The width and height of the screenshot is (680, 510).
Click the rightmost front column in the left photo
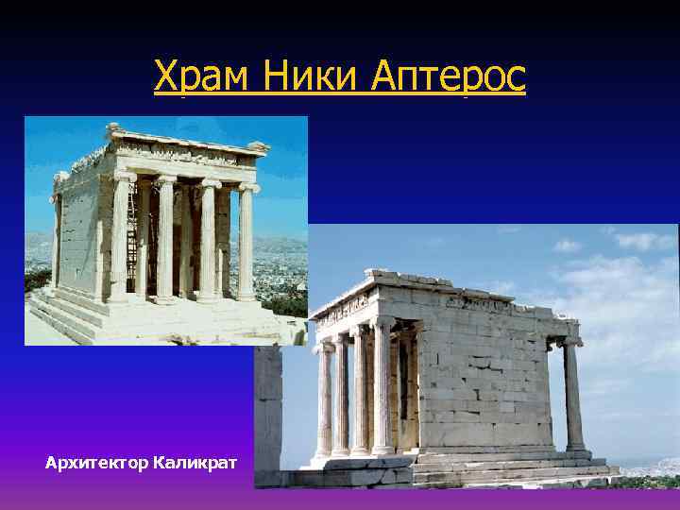tap(246, 241)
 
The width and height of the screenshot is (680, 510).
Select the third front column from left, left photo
tap(209, 240)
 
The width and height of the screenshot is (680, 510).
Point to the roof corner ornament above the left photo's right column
tap(257, 147)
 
